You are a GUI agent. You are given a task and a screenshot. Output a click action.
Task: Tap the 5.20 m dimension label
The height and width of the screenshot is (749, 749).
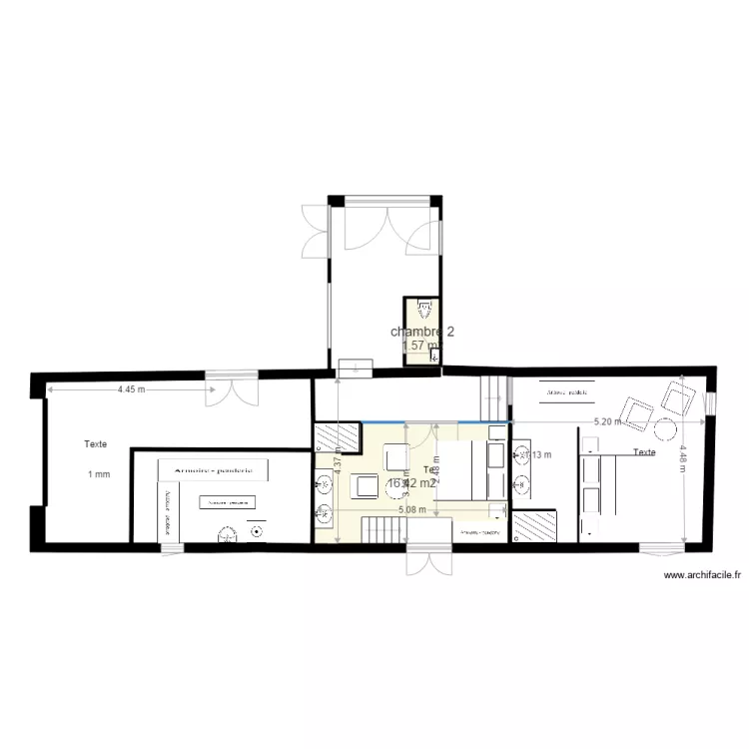tap(607, 421)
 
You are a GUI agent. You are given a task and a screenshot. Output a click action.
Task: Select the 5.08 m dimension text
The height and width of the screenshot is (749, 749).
tap(411, 509)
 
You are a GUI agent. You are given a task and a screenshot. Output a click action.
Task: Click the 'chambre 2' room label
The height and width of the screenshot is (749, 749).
tap(422, 332)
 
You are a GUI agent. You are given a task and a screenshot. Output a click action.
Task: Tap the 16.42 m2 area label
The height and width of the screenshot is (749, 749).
tap(411, 483)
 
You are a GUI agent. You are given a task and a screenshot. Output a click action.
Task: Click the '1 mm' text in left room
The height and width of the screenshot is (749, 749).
tap(98, 474)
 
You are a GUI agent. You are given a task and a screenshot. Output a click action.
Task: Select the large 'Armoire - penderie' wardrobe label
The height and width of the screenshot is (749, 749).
tap(213, 468)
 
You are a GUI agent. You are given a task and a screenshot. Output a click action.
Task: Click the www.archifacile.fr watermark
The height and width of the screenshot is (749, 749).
tap(703, 575)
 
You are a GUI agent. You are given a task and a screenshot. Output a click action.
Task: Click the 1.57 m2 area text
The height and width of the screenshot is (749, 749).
tap(419, 346)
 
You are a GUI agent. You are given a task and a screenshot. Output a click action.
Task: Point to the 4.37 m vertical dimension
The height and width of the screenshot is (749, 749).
tap(339, 463)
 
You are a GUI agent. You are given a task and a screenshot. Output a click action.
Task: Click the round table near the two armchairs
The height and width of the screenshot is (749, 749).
tap(664, 430)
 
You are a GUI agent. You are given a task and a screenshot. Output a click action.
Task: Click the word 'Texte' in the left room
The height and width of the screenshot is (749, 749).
tap(96, 444)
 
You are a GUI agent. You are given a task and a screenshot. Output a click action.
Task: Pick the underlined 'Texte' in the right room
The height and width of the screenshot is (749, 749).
tap(644, 452)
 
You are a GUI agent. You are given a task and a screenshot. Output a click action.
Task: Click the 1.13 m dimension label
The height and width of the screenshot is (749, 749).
tap(540, 455)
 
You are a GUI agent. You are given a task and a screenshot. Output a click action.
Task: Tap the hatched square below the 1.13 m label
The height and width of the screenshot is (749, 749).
tap(535, 527)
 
